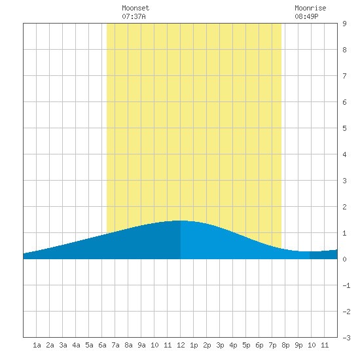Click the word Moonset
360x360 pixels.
135,8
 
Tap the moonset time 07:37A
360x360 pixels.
134,16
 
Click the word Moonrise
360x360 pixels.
310,8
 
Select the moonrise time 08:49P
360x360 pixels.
306,16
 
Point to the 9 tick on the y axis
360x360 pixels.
344,24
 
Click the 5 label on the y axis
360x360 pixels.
344,128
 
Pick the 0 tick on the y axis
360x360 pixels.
344,259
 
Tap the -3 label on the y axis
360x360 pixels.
346,338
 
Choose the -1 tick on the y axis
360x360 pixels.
346,285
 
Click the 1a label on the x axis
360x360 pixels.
37,345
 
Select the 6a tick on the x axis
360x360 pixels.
102,345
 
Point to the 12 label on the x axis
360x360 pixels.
181,345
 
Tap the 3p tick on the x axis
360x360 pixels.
220,345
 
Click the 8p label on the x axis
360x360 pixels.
285,345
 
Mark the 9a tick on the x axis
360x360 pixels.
141,345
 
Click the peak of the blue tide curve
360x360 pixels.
181,221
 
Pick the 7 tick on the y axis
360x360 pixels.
344,76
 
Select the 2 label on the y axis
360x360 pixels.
344,207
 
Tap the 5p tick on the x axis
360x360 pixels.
246,345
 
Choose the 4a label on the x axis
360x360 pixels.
76,345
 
